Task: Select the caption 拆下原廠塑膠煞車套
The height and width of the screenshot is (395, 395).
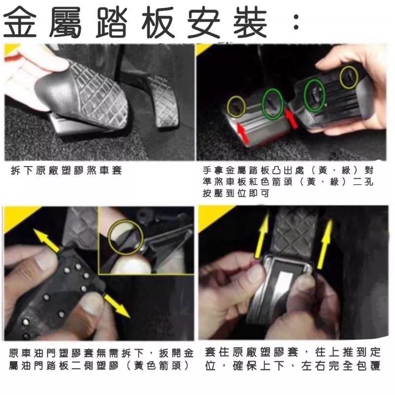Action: [66, 170]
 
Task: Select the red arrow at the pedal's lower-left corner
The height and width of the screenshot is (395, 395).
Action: [242, 133]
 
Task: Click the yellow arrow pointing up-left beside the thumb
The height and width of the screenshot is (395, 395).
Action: [46, 239]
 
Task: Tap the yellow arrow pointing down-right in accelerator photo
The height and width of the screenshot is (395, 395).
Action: [117, 306]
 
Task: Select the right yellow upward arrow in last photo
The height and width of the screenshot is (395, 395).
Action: [325, 243]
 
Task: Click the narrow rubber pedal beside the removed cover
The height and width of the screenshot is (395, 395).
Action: [163, 101]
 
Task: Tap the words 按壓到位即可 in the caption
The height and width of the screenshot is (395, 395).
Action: [236, 193]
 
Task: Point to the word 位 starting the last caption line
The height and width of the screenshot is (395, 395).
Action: [210, 366]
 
